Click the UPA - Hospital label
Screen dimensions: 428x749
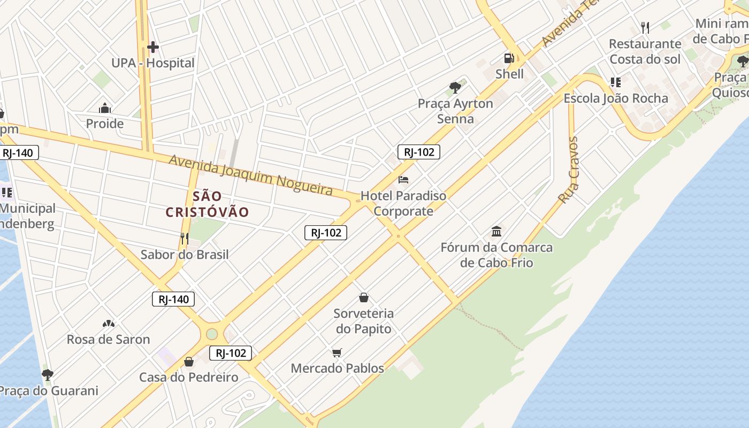[153, 63]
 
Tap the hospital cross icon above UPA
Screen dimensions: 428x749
[153, 47]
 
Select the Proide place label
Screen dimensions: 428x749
[105, 124]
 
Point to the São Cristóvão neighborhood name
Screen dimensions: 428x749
[208, 204]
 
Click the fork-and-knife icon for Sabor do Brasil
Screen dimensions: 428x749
[185, 239]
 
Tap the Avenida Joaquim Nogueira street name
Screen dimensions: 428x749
[251, 175]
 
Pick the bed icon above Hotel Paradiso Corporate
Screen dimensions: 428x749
[403, 180]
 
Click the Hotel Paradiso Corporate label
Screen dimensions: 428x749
[403, 203]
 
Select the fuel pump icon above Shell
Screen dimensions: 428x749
[509, 58]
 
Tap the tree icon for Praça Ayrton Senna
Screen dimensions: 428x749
[455, 87]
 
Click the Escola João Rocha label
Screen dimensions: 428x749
[616, 98]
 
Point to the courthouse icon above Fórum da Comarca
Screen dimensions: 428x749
[496, 232]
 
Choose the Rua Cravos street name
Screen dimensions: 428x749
[569, 170]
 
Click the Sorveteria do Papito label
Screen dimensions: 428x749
[364, 321]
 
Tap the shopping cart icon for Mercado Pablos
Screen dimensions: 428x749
[337, 353]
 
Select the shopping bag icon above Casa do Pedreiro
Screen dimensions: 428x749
[189, 362]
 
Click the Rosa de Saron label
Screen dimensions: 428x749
[108, 339]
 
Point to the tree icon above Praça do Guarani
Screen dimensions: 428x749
[48, 375]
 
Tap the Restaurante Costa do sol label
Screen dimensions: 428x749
[645, 51]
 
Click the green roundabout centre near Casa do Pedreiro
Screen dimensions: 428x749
[212, 334]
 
